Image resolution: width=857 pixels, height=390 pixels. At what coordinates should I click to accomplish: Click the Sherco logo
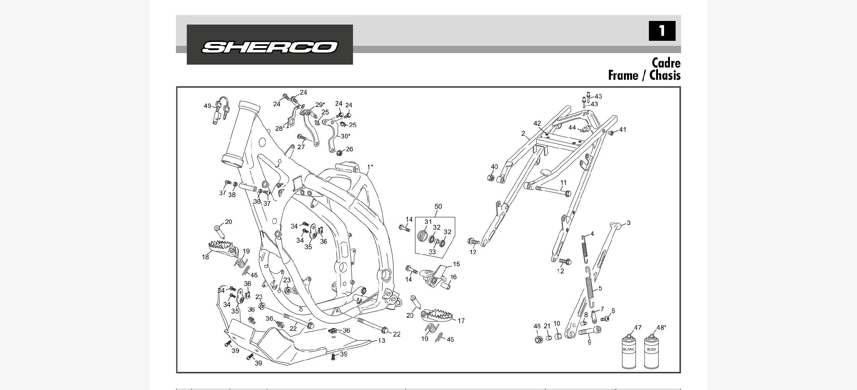(270, 47)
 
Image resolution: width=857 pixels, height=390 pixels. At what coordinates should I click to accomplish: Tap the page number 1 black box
(662, 31)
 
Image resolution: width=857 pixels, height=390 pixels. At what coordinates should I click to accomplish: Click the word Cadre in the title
(666, 63)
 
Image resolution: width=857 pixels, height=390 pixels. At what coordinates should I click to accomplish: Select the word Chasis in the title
(665, 75)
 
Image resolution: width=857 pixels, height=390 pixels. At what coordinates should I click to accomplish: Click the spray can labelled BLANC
(629, 352)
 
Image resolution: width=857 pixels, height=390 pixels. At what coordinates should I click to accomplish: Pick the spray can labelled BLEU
(651, 352)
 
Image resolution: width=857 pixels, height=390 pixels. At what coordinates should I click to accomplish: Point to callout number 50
(438, 207)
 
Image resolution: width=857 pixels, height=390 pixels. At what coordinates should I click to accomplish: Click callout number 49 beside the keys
(207, 106)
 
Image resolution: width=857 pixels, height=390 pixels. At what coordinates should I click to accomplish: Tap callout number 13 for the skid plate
(382, 341)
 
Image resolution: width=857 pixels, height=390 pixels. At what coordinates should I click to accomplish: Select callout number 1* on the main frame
(370, 167)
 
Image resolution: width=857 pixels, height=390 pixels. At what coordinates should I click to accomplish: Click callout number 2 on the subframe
(523, 134)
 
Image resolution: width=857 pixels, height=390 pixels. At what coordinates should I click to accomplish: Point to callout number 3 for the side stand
(628, 223)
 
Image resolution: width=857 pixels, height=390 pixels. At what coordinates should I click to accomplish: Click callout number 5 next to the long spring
(600, 288)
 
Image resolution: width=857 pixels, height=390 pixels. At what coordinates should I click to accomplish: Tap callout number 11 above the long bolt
(563, 183)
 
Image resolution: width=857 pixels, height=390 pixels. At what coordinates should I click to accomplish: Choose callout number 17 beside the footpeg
(461, 321)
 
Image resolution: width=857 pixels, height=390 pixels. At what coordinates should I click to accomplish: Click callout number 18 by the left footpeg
(205, 257)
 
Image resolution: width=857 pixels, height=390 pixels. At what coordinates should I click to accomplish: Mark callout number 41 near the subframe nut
(623, 130)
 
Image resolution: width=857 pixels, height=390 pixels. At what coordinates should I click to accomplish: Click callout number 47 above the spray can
(638, 328)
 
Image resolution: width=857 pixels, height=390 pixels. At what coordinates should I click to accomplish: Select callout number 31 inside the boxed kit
(428, 222)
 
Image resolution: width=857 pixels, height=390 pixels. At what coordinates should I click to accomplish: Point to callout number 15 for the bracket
(456, 264)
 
